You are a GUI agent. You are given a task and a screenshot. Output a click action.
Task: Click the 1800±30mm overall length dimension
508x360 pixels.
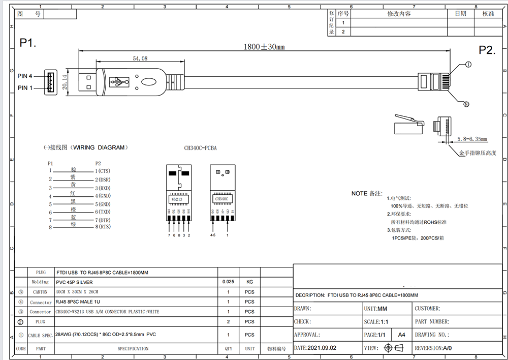(264, 47)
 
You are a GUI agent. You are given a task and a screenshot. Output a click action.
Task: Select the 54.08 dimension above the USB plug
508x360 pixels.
(140, 59)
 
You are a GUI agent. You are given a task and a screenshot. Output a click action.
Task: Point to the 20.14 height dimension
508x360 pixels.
(65, 81)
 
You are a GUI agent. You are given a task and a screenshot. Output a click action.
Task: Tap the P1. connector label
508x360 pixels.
(28, 43)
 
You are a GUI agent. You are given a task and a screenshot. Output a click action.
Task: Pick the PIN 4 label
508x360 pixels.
(25, 76)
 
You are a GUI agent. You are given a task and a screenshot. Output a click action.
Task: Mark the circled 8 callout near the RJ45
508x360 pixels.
(466, 104)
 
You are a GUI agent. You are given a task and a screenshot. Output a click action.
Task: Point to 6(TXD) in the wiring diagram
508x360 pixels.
(103, 212)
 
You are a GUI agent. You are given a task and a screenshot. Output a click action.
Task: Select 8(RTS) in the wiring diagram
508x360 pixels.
(103, 227)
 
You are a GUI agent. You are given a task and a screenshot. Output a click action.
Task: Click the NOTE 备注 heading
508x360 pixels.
(366, 194)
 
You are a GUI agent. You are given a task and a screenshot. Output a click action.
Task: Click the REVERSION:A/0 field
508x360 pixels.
(433, 348)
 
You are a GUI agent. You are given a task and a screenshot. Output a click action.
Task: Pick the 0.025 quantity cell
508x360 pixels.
(229, 281)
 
